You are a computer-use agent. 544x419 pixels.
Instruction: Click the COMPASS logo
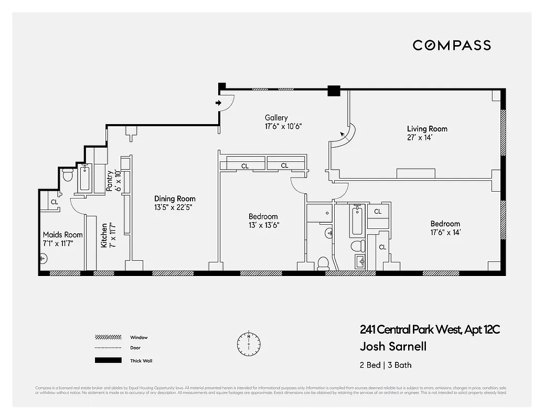452,45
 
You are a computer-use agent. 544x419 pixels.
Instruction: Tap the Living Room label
427,129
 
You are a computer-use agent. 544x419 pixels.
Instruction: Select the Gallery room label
276,118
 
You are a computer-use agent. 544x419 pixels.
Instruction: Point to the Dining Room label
175,199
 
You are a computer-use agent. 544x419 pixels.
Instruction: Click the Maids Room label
63,235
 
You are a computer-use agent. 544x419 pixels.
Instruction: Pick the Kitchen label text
104,235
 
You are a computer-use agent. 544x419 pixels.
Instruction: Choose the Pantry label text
110,181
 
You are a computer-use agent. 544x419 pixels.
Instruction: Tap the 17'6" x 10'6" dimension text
284,126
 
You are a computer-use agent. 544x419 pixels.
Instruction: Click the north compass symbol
248,343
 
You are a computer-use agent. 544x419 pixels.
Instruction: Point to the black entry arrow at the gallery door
219,103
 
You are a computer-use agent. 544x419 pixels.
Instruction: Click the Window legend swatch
108,337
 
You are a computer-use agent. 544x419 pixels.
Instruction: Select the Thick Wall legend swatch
108,360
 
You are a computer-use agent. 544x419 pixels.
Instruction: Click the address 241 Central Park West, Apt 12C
430,330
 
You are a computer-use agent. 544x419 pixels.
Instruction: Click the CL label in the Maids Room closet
54,202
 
